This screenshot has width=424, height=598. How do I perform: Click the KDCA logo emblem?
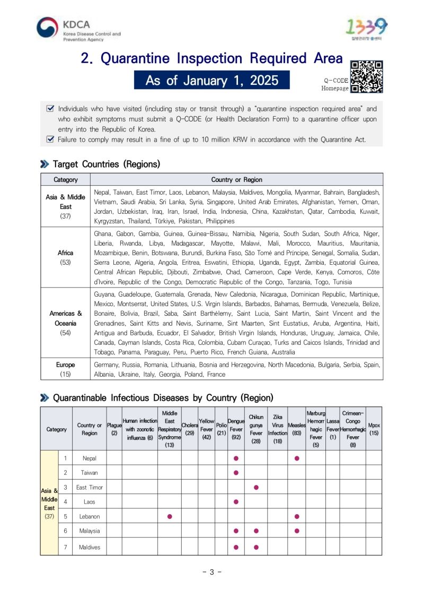click(47, 28)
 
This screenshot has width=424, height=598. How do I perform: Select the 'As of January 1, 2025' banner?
click(211, 81)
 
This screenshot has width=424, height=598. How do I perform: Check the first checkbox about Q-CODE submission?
click(50, 108)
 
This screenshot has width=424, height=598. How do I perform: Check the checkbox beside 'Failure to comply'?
click(50, 140)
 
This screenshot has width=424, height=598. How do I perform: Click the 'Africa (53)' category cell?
click(66, 257)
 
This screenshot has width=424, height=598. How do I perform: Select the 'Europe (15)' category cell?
click(66, 369)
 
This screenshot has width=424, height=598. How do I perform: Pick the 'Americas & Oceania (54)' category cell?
click(66, 323)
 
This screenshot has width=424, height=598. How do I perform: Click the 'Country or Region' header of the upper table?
click(236, 179)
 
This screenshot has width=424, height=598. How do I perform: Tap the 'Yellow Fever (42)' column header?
click(206, 429)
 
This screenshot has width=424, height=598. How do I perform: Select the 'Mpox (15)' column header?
click(374, 429)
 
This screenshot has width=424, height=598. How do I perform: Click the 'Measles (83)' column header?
click(296, 429)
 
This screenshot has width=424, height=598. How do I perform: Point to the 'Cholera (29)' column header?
click(189, 429)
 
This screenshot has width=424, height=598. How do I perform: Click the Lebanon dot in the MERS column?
click(170, 516)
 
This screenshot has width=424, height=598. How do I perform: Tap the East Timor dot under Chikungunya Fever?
click(256, 487)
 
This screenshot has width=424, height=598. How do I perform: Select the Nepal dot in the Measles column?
click(297, 458)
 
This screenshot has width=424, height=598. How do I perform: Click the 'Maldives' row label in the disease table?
click(89, 547)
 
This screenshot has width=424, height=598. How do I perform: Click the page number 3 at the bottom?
click(211, 572)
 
